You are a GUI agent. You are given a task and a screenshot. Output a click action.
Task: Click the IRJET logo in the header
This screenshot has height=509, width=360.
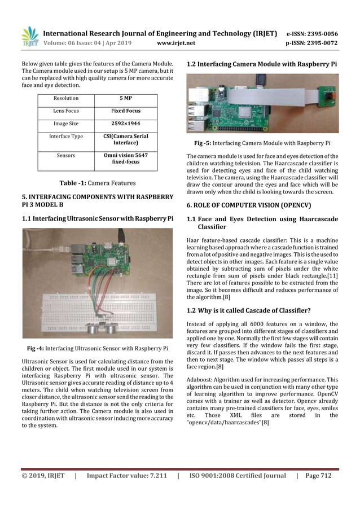pos(30,37)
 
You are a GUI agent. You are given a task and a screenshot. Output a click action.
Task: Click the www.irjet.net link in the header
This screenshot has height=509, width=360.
pos(177,42)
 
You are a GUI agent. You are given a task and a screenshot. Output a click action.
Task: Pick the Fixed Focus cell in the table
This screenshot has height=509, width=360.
pos(126,111)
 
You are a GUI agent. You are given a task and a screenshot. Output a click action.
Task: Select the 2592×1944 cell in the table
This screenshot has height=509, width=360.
pos(126,124)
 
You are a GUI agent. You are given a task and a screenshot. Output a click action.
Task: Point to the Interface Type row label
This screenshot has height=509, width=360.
pos(66,137)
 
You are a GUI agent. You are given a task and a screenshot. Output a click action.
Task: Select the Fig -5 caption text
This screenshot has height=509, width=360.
pos(262,143)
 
